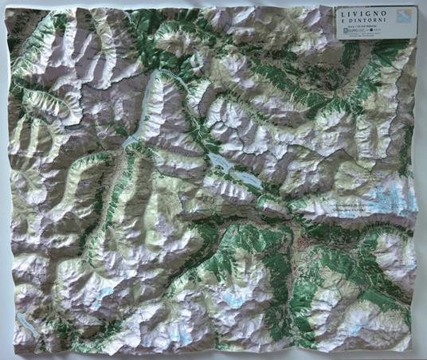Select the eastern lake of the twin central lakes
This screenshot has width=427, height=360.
[248, 180]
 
